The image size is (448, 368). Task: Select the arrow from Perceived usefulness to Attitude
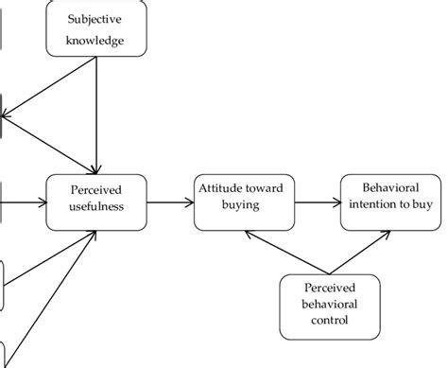click(x=169, y=201)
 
